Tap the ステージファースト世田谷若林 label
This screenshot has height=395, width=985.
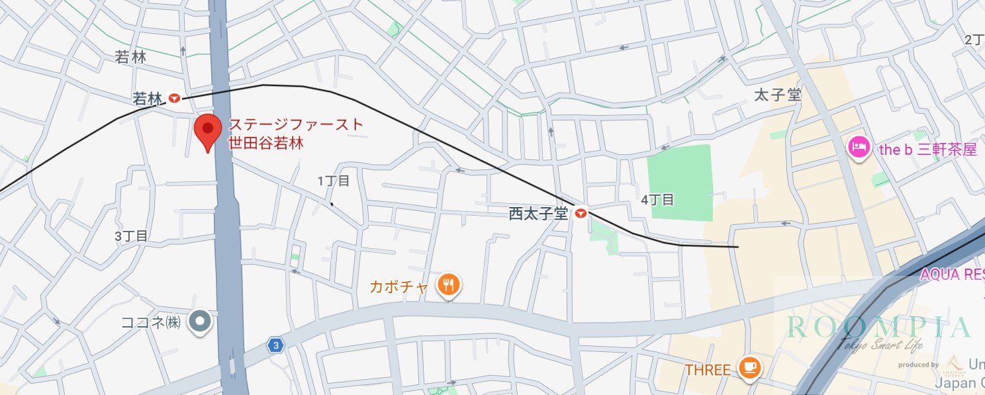tap(296, 133)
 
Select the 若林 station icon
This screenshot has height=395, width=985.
tap(174, 99)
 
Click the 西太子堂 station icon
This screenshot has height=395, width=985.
tap(581, 213)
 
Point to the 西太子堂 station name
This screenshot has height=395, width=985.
tap(538, 214)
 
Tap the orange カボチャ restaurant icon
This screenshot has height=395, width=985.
tap(449, 286)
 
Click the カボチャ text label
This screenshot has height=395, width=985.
tap(402, 286)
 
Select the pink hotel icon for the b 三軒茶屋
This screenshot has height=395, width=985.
tap(858, 148)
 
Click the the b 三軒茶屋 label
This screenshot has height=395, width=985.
tap(927, 150)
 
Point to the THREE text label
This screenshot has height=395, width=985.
tap(708, 369)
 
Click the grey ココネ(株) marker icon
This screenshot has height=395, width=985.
tap(199, 322)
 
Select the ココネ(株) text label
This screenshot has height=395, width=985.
tap(151, 323)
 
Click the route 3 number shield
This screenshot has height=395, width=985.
tap(275, 345)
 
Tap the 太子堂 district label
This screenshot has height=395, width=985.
tap(778, 95)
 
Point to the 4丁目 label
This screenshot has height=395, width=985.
tap(657, 199)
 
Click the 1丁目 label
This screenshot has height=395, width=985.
tap(333, 181)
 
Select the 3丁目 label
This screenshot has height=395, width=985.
tap(131, 236)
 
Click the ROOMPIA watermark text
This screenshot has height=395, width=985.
tap(878, 327)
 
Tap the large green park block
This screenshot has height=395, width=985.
tap(680, 182)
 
